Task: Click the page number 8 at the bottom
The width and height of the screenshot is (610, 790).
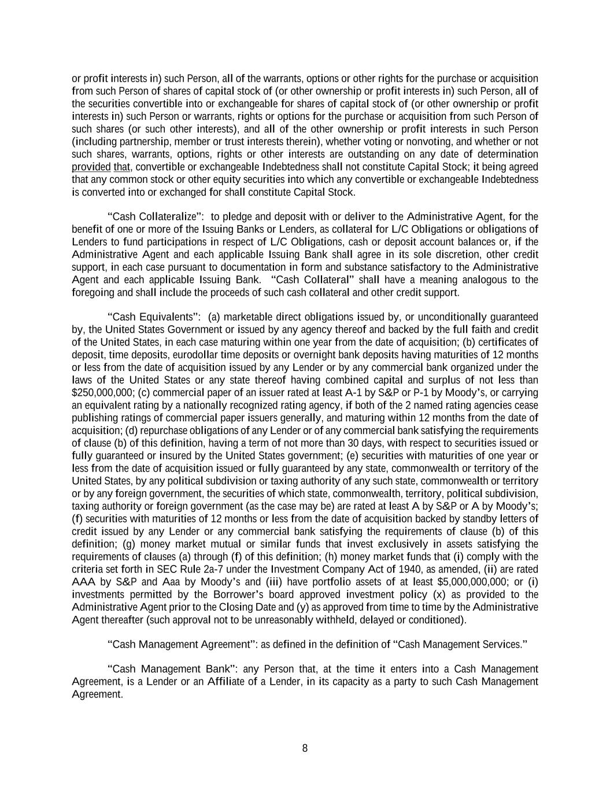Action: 305,748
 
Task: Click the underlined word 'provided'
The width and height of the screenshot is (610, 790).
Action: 91,167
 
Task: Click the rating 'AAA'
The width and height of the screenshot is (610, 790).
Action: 83,582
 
